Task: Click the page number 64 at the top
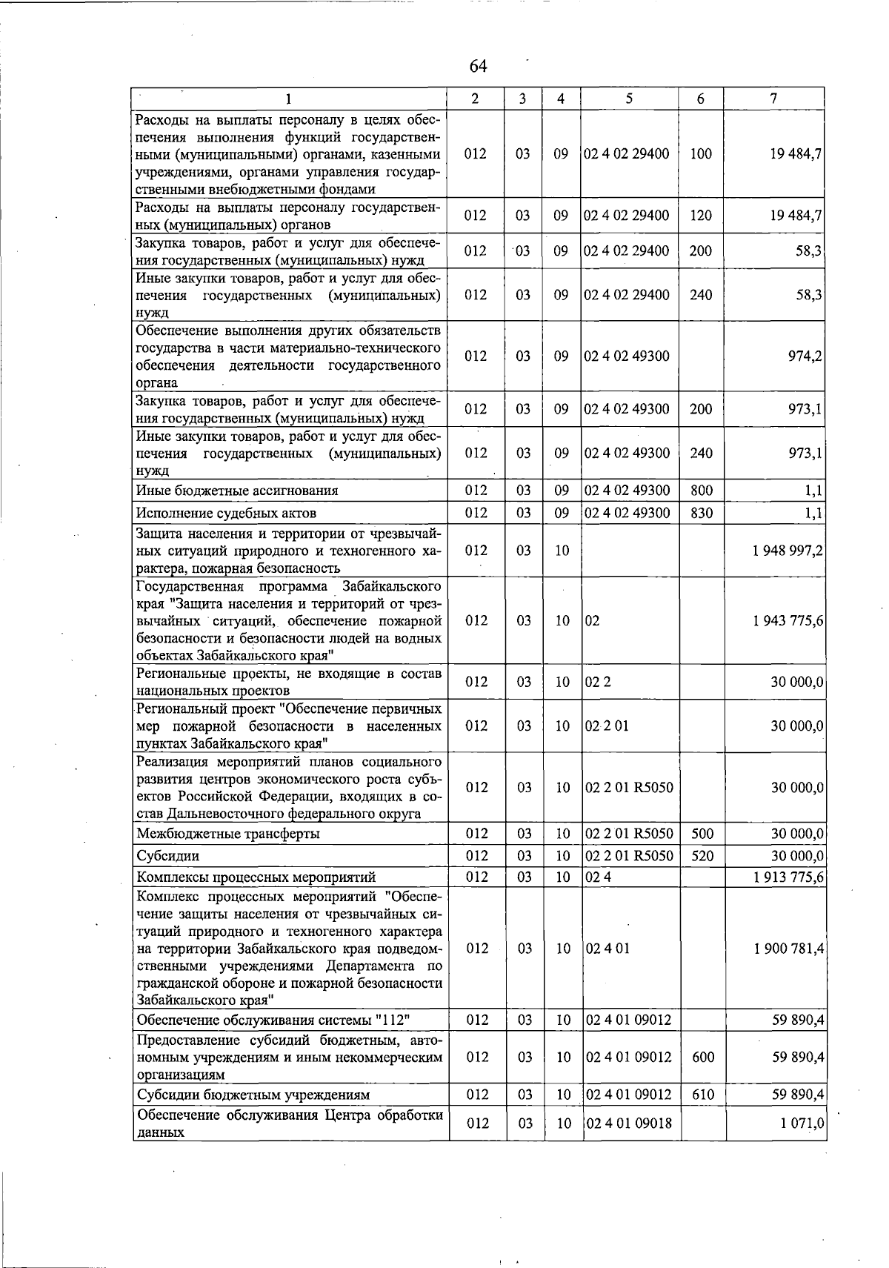[x=478, y=67]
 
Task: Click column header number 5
[x=628, y=99]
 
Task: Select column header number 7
[x=773, y=99]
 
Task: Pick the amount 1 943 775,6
[x=788, y=621]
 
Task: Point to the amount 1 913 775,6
[x=788, y=877]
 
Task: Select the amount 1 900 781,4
[x=788, y=949]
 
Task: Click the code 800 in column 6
[x=701, y=491]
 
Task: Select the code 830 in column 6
[x=701, y=513]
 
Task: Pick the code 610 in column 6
[x=701, y=1095]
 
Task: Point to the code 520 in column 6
[x=701, y=856]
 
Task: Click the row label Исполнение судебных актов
[x=226, y=513]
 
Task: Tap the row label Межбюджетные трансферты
[x=228, y=834]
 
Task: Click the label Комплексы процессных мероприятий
[x=256, y=877]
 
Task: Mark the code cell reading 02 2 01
[x=607, y=726]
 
